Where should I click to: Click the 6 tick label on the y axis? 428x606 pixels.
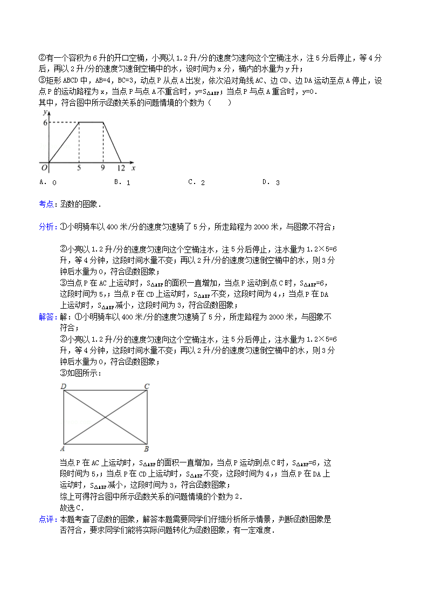(x=46, y=122)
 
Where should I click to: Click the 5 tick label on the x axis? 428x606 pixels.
(x=79, y=168)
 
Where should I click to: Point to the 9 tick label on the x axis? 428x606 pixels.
(x=103, y=168)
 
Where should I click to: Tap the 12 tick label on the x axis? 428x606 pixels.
(x=121, y=168)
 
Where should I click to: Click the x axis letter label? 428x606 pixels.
(x=133, y=168)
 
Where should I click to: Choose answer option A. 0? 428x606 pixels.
(x=48, y=182)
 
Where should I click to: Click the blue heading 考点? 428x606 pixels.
(x=46, y=204)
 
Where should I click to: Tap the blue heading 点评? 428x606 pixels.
(x=46, y=519)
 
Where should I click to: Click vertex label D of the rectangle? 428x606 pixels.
(x=63, y=386)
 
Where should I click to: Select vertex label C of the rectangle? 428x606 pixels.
(x=147, y=386)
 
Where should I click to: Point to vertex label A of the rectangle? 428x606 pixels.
(x=63, y=449)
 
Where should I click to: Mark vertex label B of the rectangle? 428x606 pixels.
(x=147, y=449)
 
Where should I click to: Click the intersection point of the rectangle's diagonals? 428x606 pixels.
(x=105, y=417)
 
